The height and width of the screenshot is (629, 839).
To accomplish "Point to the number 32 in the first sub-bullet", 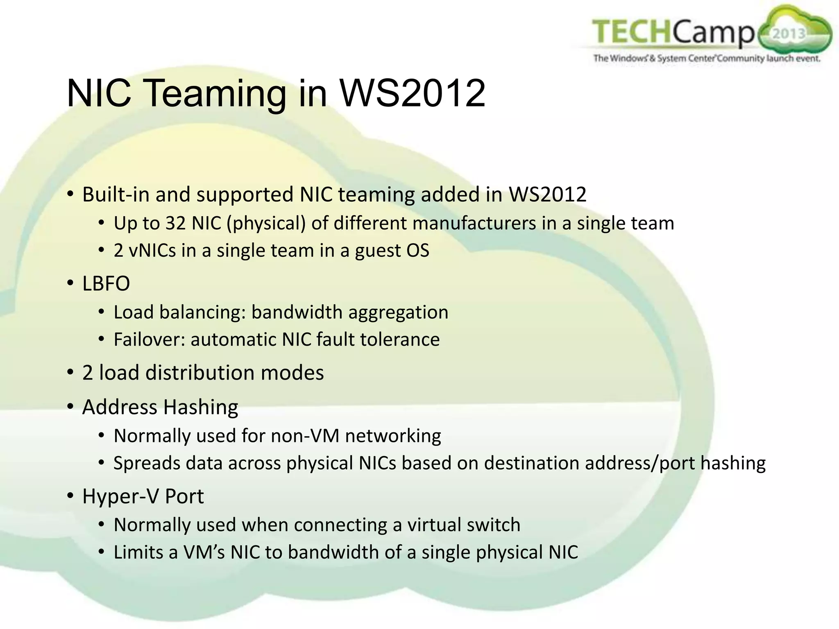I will [x=176, y=223].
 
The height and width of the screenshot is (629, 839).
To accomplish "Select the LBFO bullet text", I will [x=106, y=283].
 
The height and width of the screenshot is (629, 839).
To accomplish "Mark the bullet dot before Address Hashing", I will [x=70, y=407].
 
